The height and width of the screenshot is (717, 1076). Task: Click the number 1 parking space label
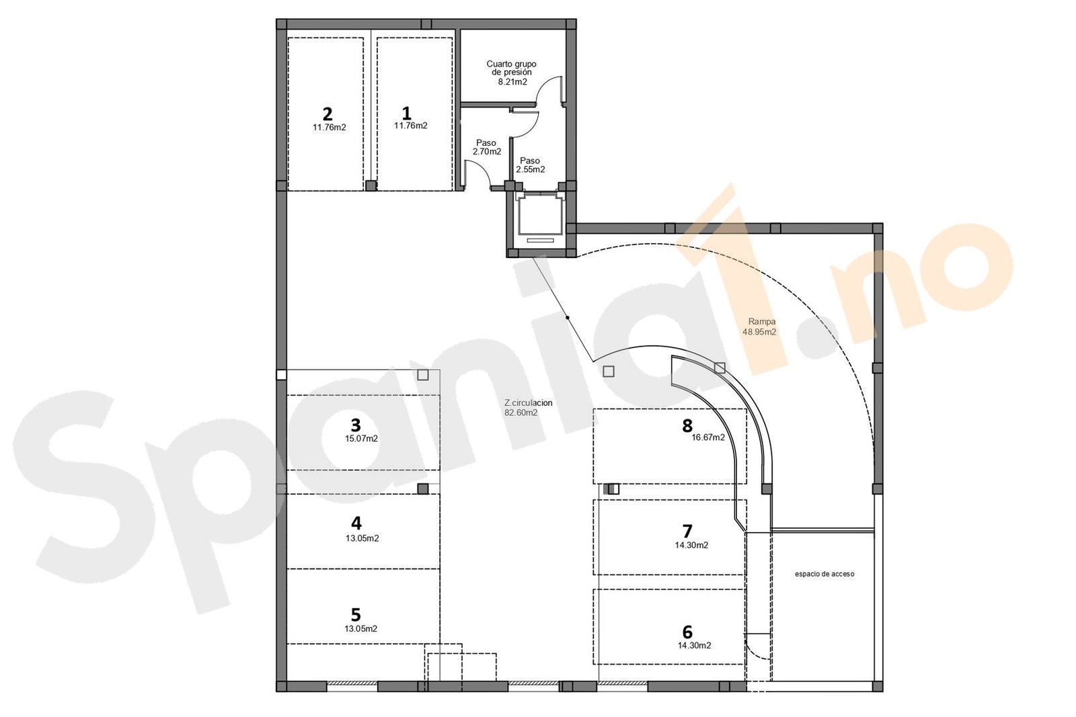[x=406, y=114]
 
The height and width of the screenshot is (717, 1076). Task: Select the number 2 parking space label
[x=328, y=114]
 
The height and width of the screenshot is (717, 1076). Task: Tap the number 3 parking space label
[x=356, y=425]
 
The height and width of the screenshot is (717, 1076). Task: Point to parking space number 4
[x=356, y=523]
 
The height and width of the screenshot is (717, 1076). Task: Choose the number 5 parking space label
[x=356, y=615]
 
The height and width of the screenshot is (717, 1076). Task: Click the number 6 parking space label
[x=687, y=632]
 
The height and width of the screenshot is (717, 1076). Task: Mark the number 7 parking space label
[x=687, y=532]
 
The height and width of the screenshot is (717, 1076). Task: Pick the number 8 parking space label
[x=687, y=425]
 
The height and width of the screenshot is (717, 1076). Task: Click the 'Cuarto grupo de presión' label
[x=512, y=68]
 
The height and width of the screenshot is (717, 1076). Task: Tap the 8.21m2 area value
[x=512, y=82]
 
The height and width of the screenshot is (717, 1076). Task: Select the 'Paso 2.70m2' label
[x=487, y=147]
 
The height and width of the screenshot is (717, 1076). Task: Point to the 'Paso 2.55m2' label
[x=531, y=165]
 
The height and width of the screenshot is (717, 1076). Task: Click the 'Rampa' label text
[x=762, y=322]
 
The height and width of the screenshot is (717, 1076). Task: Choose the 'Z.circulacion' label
[x=529, y=403]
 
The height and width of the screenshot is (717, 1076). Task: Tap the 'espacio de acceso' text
[x=824, y=574]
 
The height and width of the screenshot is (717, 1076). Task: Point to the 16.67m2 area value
[x=709, y=437]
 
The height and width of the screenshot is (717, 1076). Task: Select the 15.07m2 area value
[x=361, y=439]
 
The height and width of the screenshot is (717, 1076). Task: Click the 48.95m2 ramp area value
[x=759, y=332]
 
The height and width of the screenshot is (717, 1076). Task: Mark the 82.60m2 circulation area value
[x=521, y=413]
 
